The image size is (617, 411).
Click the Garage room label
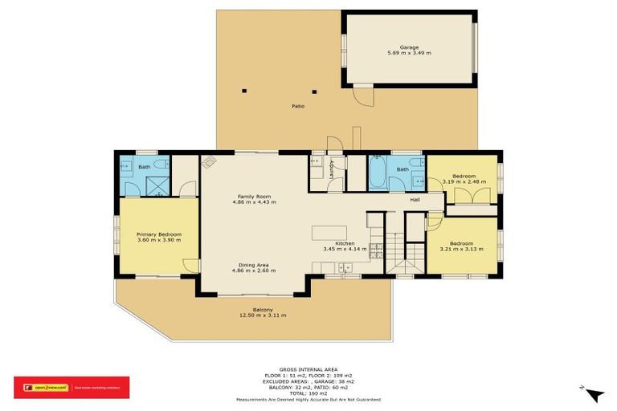pyautogui.click(x=409, y=47)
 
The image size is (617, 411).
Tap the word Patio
pyautogui.click(x=297, y=106)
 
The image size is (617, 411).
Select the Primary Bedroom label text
pyautogui.click(x=159, y=234)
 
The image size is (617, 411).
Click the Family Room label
pyautogui.click(x=254, y=197)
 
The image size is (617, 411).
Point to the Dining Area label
pyautogui.click(x=254, y=265)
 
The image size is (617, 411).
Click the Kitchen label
pyautogui.click(x=345, y=243)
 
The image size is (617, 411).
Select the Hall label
pyautogui.click(x=415, y=200)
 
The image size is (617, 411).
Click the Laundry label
pyautogui.click(x=331, y=171)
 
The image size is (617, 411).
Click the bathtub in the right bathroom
pyautogui.click(x=378, y=173)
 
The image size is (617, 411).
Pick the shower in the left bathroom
pyautogui.click(x=159, y=187)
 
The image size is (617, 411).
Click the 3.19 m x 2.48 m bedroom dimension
pyautogui.click(x=464, y=181)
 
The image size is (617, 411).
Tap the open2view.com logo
pyautogui.click(x=48, y=387)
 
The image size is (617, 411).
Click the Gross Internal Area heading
pyautogui.click(x=308, y=369)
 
